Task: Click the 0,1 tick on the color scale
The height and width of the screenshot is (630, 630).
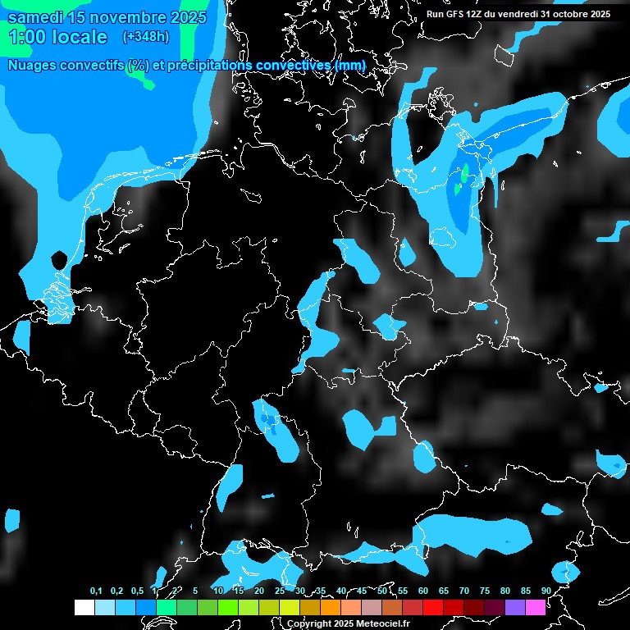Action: (x=96, y=591)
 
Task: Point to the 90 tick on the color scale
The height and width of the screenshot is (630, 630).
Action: (x=546, y=591)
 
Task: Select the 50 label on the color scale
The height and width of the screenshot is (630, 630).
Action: (x=382, y=591)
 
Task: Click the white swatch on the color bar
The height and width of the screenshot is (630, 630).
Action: (x=84, y=607)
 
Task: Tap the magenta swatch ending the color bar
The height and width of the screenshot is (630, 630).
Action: (x=535, y=607)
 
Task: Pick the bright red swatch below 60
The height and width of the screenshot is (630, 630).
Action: (x=432, y=607)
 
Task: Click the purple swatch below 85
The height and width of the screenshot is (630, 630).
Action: (x=514, y=607)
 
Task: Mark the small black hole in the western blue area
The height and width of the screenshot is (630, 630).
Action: (x=58, y=260)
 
